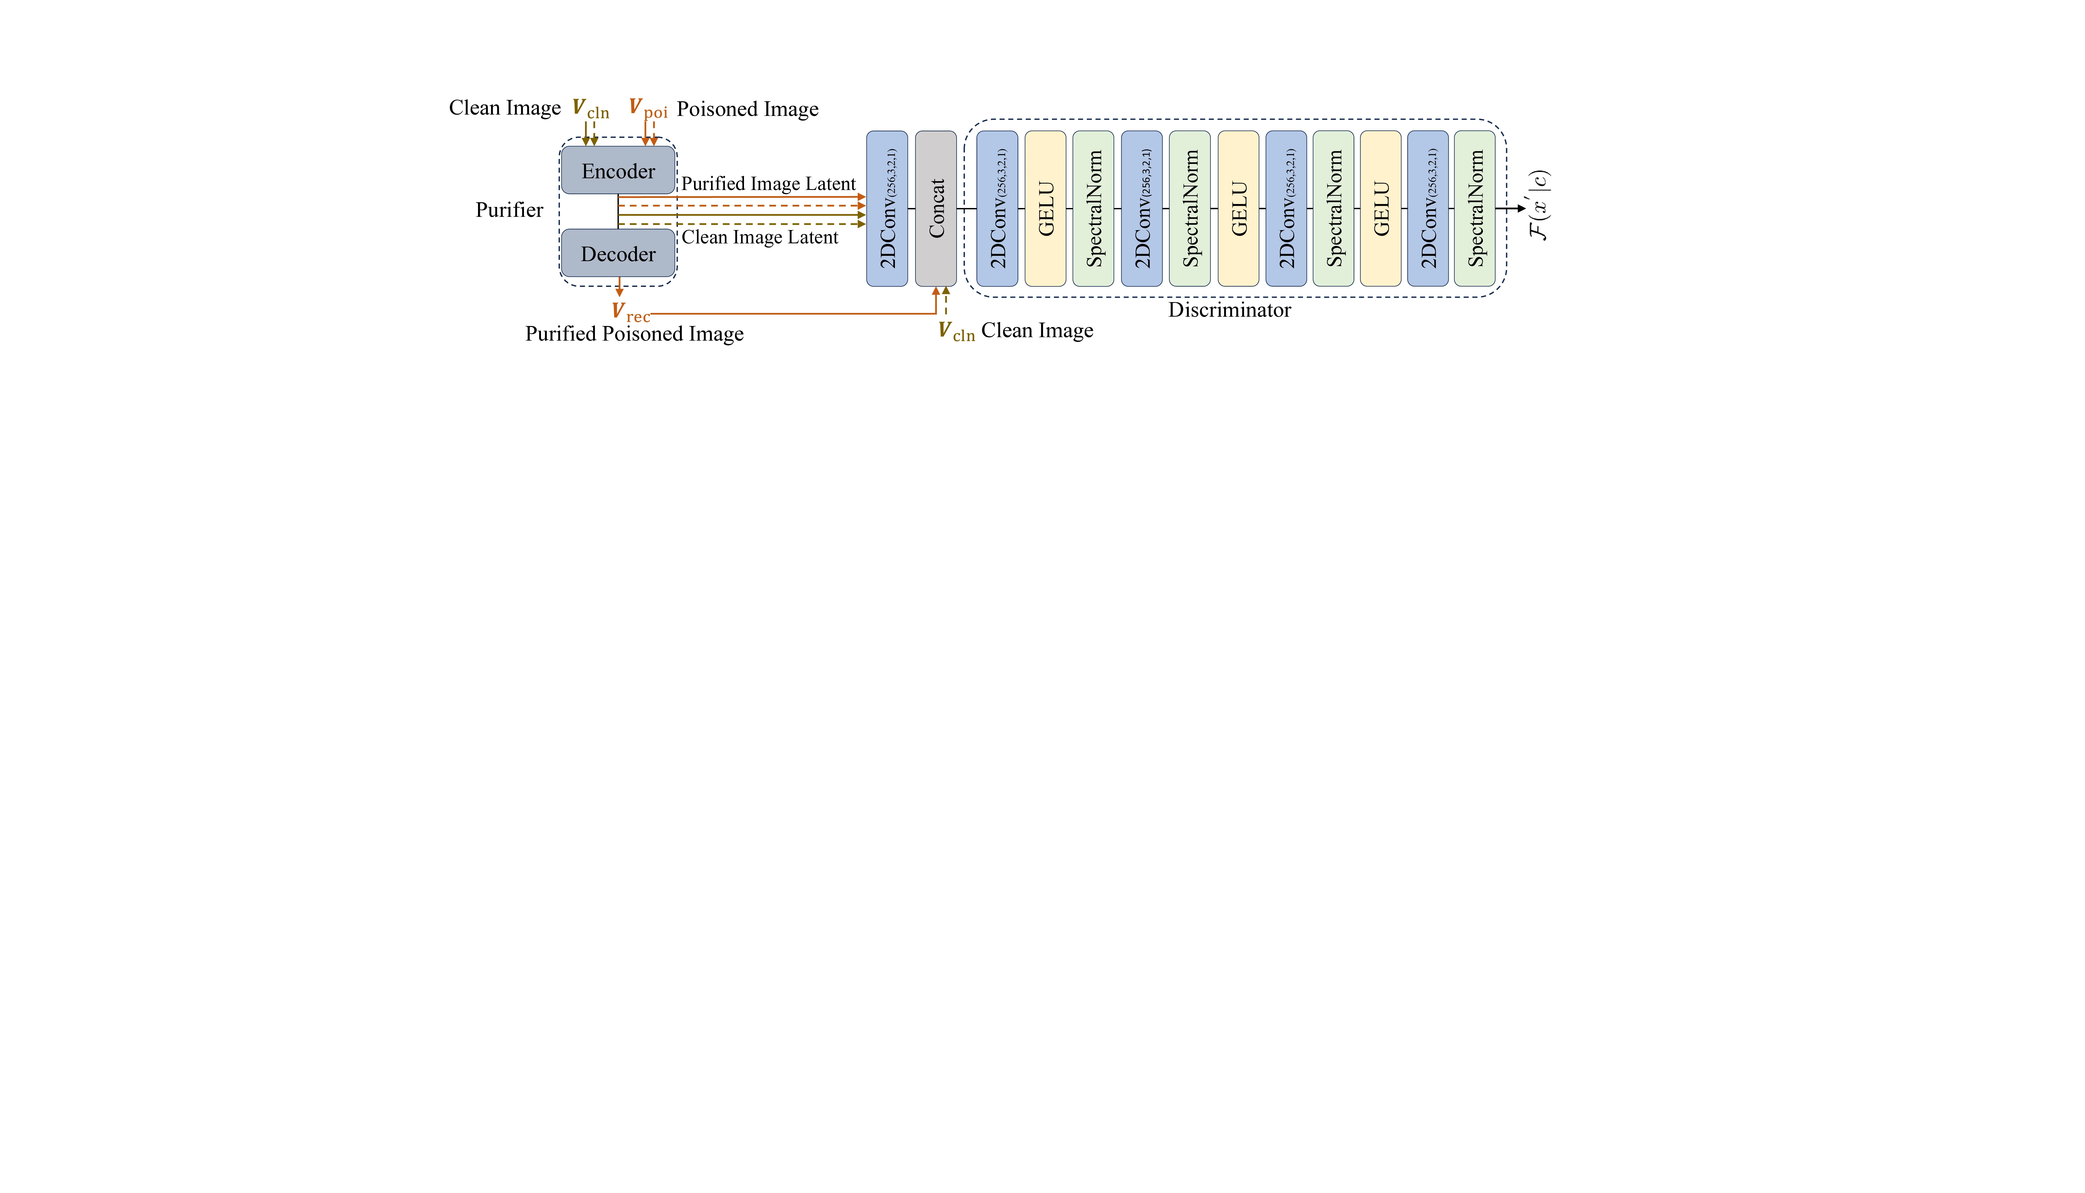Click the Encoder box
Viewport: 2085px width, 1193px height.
click(618, 171)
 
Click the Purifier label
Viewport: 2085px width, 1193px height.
click(509, 210)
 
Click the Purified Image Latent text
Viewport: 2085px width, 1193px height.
click(768, 184)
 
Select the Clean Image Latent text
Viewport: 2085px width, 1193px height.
click(760, 237)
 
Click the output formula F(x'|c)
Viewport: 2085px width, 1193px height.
click(1539, 205)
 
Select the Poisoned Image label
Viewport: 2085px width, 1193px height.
click(747, 109)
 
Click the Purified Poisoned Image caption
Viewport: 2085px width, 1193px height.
click(634, 333)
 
